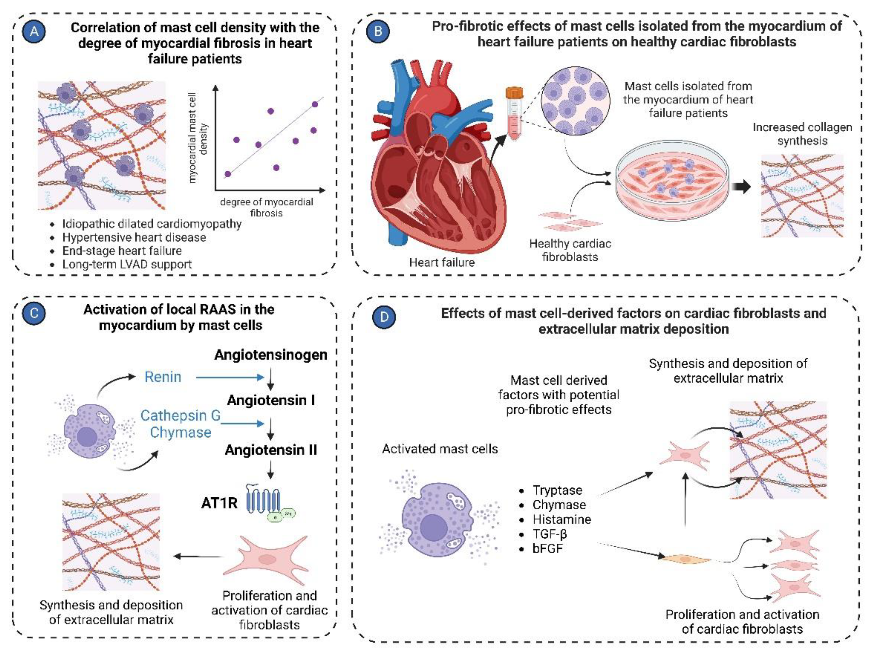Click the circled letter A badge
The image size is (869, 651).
click(34, 31)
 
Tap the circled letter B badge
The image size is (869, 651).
click(378, 31)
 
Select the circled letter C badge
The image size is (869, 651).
click(34, 313)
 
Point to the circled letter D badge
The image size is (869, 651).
click(384, 317)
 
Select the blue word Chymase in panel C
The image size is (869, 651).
click(181, 433)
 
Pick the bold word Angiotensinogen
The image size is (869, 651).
click(271, 355)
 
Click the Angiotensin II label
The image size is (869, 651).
click(271, 450)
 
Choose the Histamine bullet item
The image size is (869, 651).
click(561, 520)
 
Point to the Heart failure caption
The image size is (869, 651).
click(442, 263)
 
